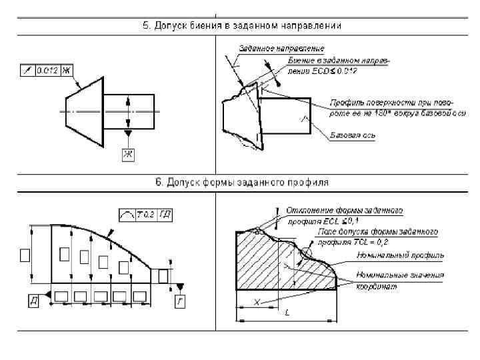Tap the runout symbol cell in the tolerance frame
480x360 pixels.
(x=27, y=70)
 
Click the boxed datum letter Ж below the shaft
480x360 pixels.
(x=127, y=155)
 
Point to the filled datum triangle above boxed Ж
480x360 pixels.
(x=127, y=135)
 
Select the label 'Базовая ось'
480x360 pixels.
(x=353, y=135)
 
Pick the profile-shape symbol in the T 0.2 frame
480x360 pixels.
(x=126, y=214)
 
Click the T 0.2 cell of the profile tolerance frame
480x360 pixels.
(x=145, y=214)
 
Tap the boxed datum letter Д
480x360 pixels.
(x=33, y=302)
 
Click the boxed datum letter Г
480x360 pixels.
(x=179, y=302)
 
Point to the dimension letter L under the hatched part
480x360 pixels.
(x=287, y=313)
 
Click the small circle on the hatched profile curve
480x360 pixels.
(x=306, y=253)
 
